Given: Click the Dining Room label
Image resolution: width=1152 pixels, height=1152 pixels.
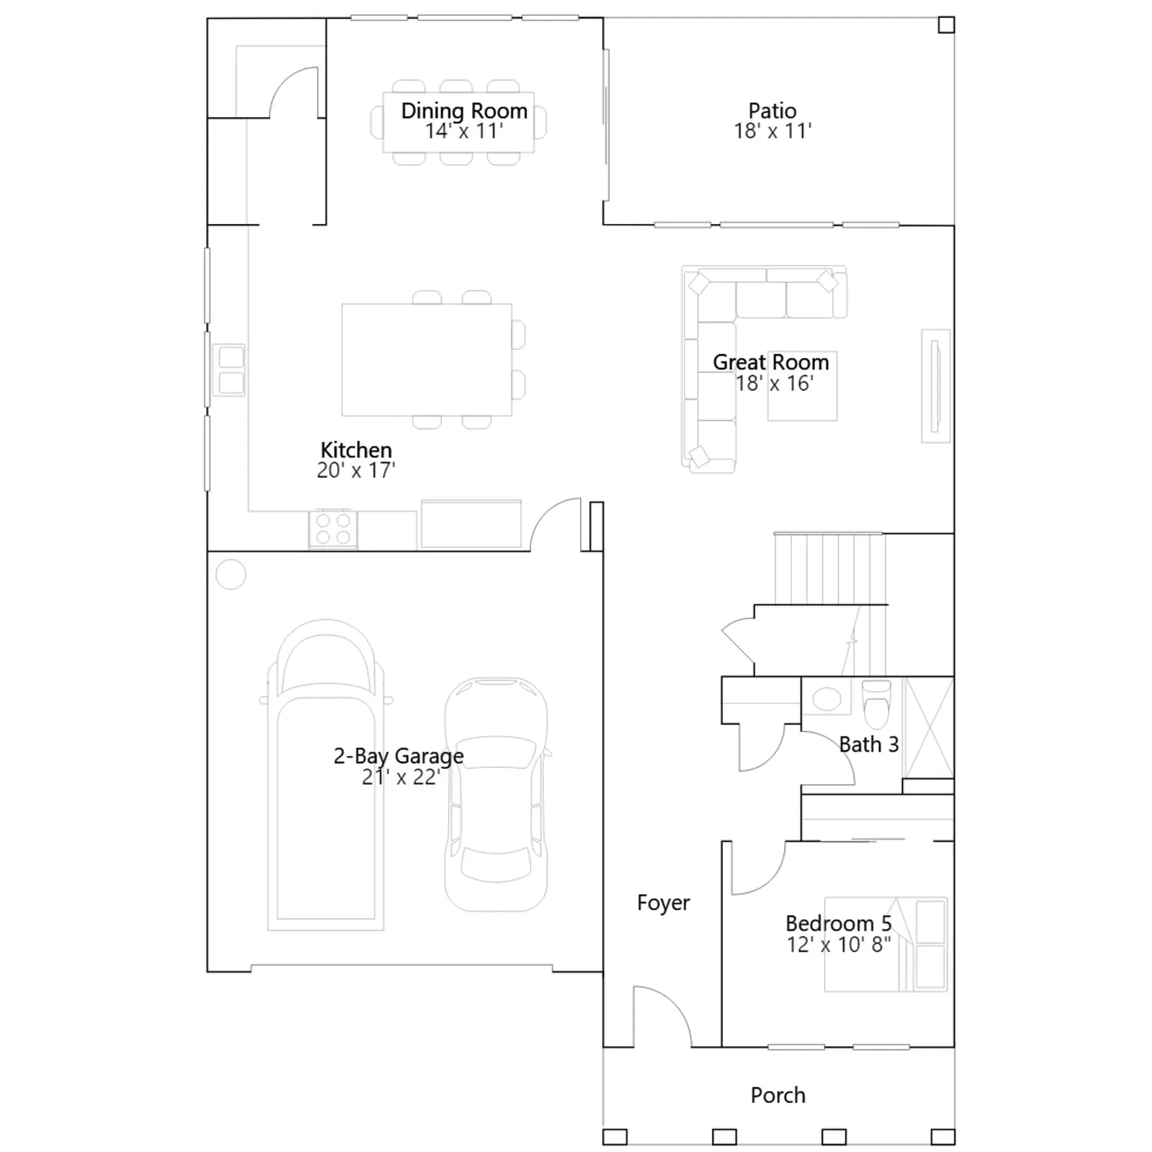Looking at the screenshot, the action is tap(464, 111).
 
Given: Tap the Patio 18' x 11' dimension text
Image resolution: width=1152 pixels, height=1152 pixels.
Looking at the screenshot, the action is tap(773, 131).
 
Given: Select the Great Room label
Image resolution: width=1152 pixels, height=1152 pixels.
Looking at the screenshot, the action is tap(771, 362).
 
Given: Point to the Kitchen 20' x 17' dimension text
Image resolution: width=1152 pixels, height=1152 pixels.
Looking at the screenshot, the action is tap(356, 470).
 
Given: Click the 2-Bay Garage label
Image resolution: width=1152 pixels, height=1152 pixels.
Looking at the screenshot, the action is tap(398, 756).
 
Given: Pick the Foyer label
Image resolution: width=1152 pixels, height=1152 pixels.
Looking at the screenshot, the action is tap(663, 903).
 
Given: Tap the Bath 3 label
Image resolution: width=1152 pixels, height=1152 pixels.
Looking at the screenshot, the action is tap(869, 744).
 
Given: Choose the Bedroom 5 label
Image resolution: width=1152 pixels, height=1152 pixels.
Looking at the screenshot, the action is tap(838, 923).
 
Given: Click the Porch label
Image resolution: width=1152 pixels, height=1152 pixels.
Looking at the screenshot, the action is tap(778, 1095).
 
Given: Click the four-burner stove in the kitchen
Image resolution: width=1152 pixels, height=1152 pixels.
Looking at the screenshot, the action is tap(333, 528).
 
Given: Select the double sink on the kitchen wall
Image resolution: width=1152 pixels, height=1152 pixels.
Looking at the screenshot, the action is tap(230, 369).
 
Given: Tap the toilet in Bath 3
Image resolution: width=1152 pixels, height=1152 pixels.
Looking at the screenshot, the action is tap(876, 703).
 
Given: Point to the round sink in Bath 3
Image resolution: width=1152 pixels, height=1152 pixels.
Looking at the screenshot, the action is tap(827, 698).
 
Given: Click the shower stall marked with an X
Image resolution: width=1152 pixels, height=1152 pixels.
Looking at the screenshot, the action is tap(929, 727).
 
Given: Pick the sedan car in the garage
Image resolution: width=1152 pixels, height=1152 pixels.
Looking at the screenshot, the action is tap(496, 794).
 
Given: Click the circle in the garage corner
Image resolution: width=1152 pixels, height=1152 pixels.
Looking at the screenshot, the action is tap(231, 575).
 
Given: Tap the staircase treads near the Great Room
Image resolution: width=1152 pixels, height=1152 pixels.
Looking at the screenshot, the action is tap(829, 568).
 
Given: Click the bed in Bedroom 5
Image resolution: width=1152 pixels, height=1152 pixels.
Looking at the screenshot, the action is tap(886, 944).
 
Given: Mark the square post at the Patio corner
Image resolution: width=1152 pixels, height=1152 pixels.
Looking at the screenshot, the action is tap(946, 25).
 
